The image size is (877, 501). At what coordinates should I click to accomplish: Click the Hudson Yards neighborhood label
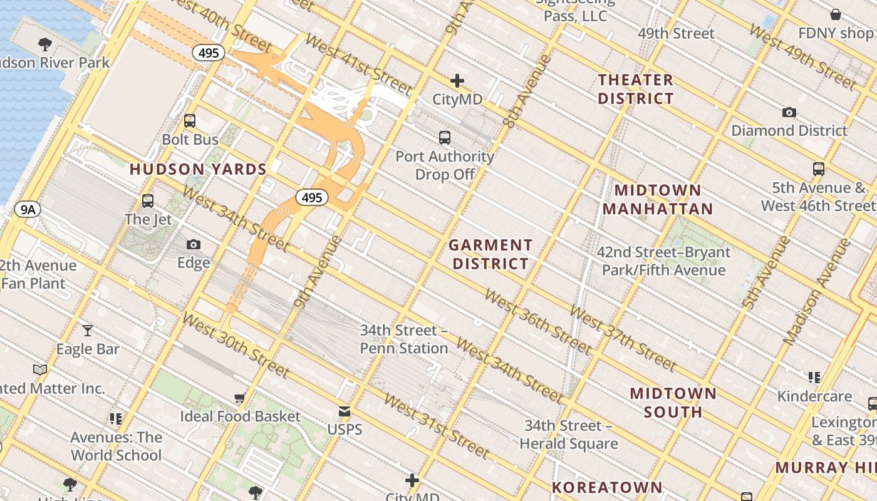(x=198, y=169)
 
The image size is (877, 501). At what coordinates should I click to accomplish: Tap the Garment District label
(x=491, y=254)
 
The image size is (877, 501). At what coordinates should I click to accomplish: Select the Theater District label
(x=635, y=89)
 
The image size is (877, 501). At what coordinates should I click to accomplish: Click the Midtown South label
(x=673, y=403)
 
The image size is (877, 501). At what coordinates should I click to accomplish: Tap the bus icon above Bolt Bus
(x=190, y=121)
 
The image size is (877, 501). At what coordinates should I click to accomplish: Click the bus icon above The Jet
(x=148, y=201)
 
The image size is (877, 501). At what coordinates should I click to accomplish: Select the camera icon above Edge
(x=194, y=244)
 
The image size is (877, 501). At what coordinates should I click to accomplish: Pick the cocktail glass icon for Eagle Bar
(x=88, y=330)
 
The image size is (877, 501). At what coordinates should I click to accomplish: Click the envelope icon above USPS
(x=345, y=411)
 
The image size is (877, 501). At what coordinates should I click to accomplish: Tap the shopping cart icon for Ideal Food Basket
(x=240, y=398)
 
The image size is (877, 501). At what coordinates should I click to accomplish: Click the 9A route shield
(x=28, y=209)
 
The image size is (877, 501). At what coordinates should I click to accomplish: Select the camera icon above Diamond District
(x=789, y=113)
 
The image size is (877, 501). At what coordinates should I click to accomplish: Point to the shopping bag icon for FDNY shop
(x=835, y=14)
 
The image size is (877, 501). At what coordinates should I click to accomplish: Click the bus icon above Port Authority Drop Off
(x=445, y=138)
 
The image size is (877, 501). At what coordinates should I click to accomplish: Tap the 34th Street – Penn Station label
(x=404, y=339)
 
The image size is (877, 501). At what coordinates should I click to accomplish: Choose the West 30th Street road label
(x=236, y=345)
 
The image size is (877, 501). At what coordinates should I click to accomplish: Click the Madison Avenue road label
(x=817, y=291)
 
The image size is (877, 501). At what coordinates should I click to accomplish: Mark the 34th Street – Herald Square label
(x=568, y=435)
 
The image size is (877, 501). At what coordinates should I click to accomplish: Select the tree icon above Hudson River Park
(x=44, y=44)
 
